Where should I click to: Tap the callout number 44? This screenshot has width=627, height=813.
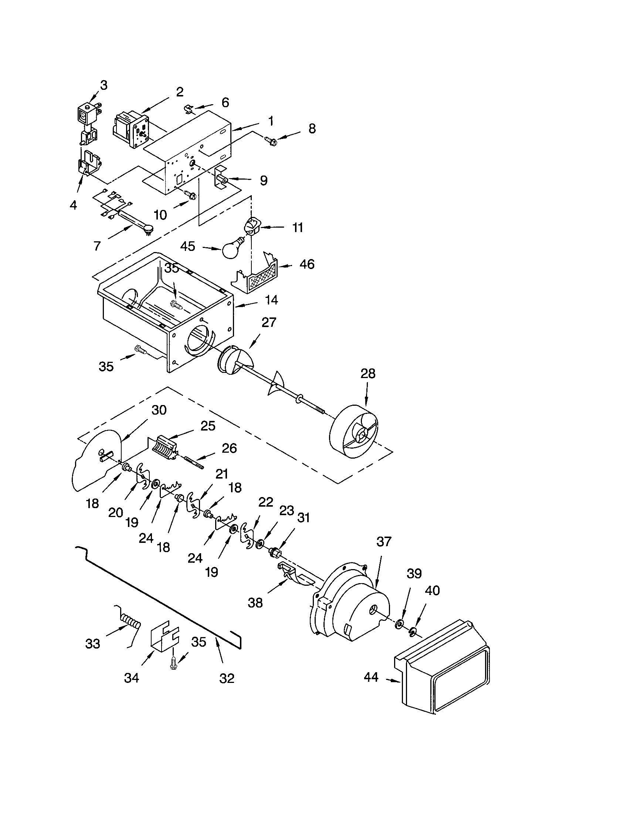pyautogui.click(x=370, y=677)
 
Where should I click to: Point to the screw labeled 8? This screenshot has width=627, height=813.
pyautogui.click(x=271, y=141)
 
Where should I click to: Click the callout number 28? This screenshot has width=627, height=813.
pyautogui.click(x=367, y=373)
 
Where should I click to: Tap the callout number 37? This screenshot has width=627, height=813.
pyautogui.click(x=384, y=541)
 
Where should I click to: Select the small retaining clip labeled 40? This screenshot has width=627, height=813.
pyautogui.click(x=412, y=631)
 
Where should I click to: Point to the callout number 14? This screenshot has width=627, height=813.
pyautogui.click(x=272, y=300)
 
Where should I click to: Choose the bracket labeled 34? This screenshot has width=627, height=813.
pyautogui.click(x=164, y=639)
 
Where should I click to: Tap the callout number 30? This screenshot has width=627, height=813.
pyautogui.click(x=159, y=410)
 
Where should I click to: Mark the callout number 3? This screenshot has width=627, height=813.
pyautogui.click(x=104, y=85)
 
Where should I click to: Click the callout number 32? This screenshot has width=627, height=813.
pyautogui.click(x=227, y=678)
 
